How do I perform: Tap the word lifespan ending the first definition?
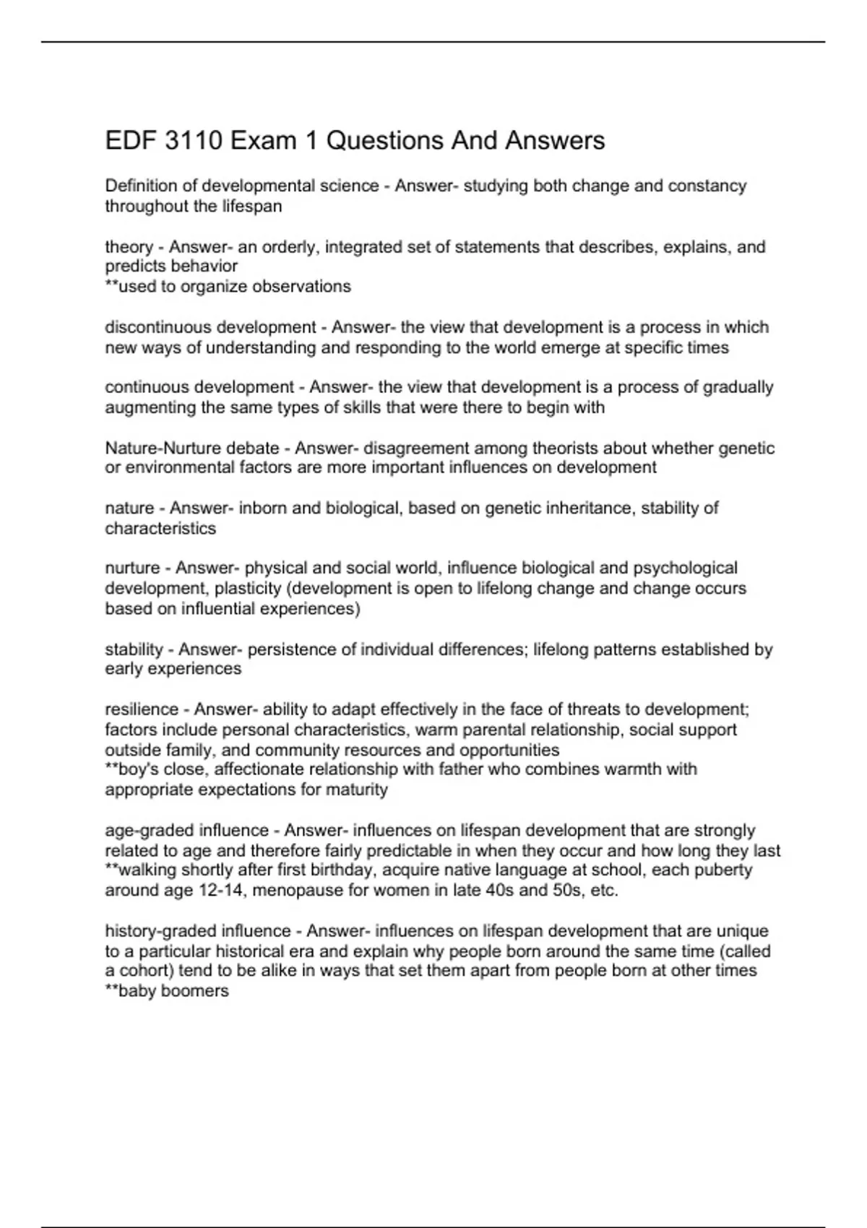(x=251, y=206)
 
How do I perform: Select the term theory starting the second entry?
(x=129, y=247)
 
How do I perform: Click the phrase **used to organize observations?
(x=228, y=286)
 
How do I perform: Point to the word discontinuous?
(x=158, y=327)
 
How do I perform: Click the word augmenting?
(x=150, y=407)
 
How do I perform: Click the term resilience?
(x=142, y=709)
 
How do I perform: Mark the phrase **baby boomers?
(x=167, y=990)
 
